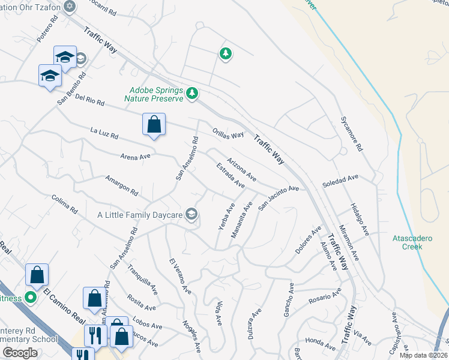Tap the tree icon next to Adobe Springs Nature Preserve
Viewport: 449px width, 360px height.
[x=192, y=93]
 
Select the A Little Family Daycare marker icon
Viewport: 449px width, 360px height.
[x=191, y=214]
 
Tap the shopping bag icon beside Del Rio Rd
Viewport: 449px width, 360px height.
[x=154, y=125]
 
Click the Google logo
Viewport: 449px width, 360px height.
[x=20, y=352]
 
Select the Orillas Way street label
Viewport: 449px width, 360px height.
[x=228, y=134]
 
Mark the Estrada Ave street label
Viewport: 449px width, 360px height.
[x=231, y=175]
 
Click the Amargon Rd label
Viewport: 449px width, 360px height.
[x=121, y=185]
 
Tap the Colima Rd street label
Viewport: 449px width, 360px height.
[x=65, y=205]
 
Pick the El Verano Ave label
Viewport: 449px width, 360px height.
[x=179, y=276]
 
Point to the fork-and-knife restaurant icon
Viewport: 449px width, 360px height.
[x=95, y=335]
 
